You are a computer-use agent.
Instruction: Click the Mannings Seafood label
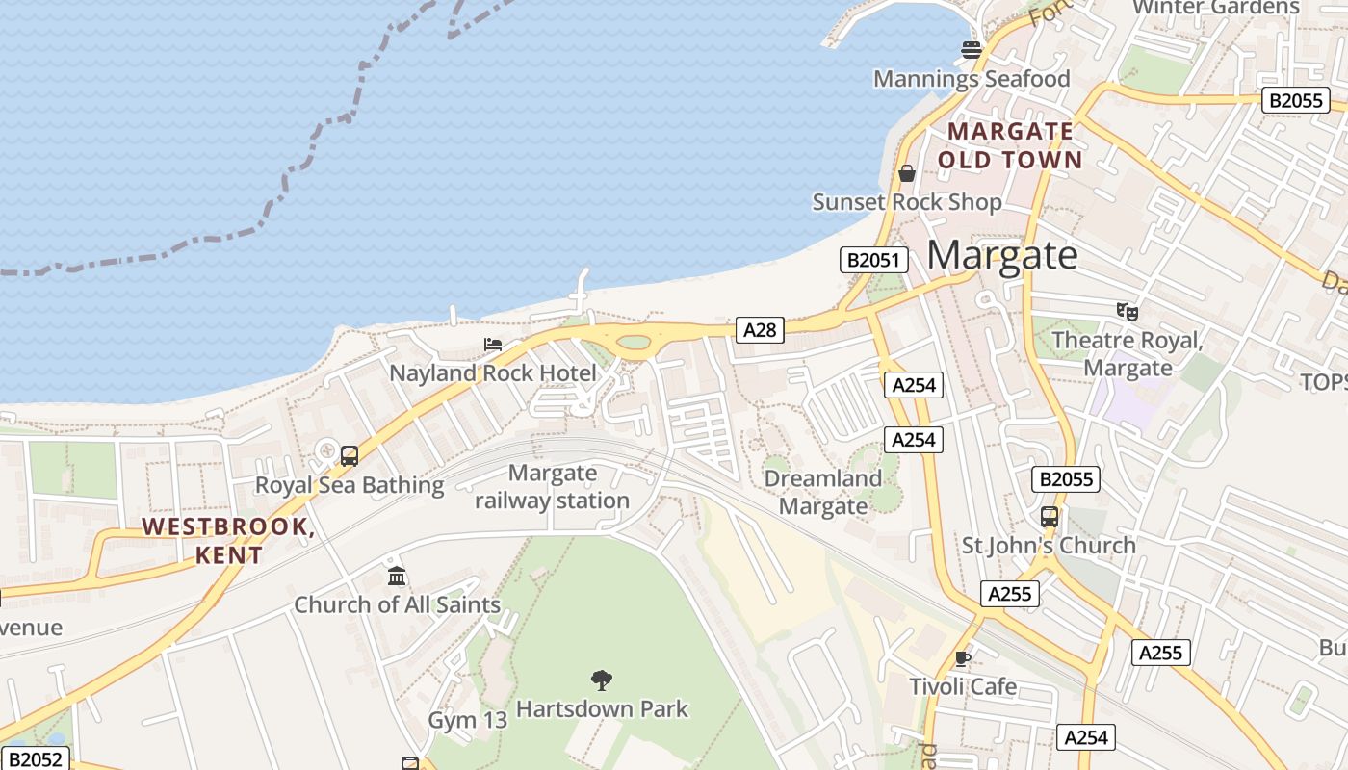click(x=972, y=79)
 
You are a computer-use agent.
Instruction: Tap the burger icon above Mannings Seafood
click(x=972, y=49)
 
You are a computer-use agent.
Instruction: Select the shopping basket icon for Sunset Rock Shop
click(x=906, y=173)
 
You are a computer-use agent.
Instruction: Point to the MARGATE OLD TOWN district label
click(x=1010, y=145)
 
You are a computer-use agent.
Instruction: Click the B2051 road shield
click(x=874, y=259)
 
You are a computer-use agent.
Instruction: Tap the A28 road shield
click(x=760, y=330)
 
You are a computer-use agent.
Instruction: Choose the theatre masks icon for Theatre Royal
click(x=1128, y=311)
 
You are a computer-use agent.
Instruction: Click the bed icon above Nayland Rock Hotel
click(x=493, y=344)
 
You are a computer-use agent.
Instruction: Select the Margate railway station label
click(x=552, y=487)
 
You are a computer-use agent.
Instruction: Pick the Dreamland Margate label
click(x=822, y=492)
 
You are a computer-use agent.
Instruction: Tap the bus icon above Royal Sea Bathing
click(x=350, y=456)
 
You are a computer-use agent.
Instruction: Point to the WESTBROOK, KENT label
click(x=228, y=541)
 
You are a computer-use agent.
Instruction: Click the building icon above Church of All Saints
click(x=397, y=576)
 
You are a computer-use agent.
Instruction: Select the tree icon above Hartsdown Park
click(x=602, y=680)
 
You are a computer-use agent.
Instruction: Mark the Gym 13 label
click(x=467, y=720)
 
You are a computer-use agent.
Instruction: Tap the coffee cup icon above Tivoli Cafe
click(x=962, y=658)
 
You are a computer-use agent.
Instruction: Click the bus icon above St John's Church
click(x=1050, y=516)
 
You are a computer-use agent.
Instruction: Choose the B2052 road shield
click(x=37, y=759)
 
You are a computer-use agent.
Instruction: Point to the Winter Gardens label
click(x=1216, y=8)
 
